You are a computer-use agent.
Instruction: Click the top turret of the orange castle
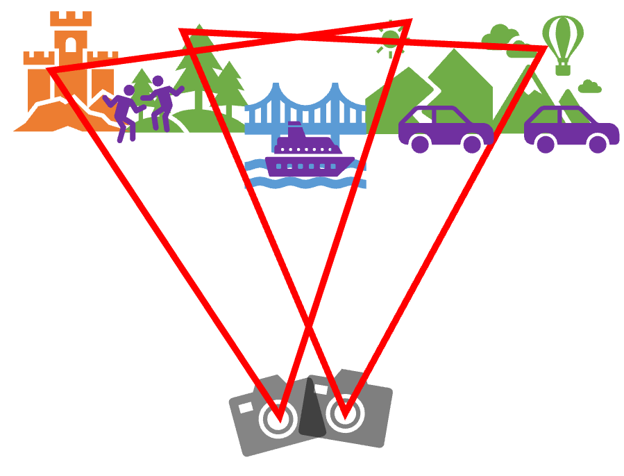[71, 19]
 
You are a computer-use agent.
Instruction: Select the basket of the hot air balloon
[562, 69]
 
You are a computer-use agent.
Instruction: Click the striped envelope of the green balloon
[562, 35]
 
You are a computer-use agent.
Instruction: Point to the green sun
[390, 39]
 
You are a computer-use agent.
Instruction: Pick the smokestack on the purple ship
[294, 130]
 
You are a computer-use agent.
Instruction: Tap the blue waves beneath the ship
[305, 183]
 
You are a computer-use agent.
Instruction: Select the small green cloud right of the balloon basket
[589, 87]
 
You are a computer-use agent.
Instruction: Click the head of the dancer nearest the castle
[128, 90]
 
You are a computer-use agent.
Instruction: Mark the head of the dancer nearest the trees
[158, 81]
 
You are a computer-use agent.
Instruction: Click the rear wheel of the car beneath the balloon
[546, 144]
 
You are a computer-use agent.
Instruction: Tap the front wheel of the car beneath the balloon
[598, 144]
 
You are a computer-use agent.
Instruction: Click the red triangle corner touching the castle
[50, 70]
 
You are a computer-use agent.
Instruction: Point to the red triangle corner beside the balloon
[544, 49]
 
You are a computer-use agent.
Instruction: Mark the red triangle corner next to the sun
[410, 22]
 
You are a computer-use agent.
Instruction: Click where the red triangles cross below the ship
[310, 325]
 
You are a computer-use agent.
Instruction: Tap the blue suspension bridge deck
[305, 129]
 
